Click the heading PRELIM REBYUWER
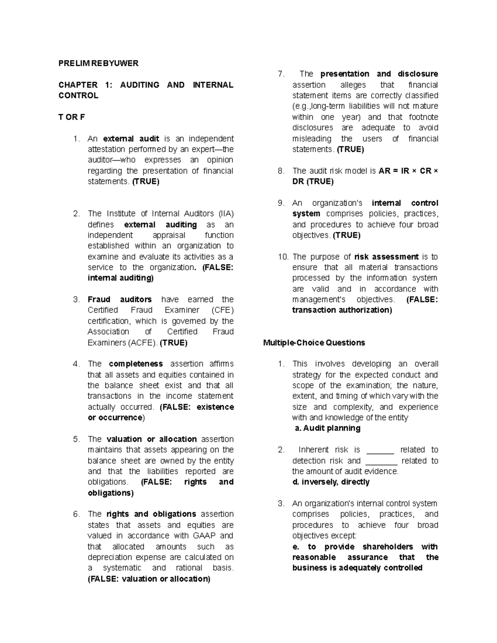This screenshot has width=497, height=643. [98, 63]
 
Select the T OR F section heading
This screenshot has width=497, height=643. [72, 117]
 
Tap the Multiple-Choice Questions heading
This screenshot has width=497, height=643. [314, 343]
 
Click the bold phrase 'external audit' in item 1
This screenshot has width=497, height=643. [131, 139]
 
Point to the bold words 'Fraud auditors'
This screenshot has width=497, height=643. [120, 299]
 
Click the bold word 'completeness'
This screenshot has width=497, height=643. [136, 364]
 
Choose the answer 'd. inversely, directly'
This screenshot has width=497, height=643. [331, 482]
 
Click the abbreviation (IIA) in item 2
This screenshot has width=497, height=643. [226, 214]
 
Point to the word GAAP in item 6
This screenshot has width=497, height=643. [204, 536]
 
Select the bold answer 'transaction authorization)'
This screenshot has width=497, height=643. [342, 310]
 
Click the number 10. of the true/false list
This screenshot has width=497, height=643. [283, 257]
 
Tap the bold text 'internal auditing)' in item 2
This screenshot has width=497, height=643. [121, 278]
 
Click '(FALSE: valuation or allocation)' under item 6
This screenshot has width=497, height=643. [149, 579]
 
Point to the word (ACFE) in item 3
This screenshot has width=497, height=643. [142, 343]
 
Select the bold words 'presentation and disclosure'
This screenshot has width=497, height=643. [379, 74]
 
